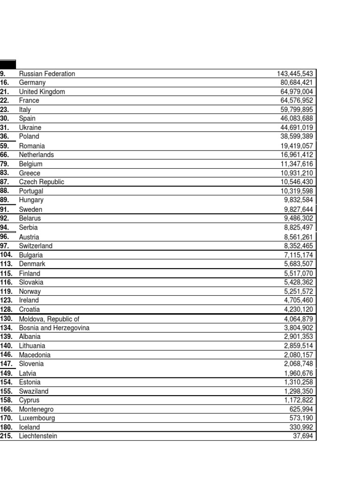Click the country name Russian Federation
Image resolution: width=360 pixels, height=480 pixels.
tap(47, 74)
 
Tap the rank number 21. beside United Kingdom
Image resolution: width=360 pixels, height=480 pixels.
tap(5, 91)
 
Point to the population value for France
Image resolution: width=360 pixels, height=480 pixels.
tap(297, 100)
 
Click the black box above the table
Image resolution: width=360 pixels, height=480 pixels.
tap(8, 64)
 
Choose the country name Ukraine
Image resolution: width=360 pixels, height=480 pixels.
tap(30, 127)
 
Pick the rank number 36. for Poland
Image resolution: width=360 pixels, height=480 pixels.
tap(5, 136)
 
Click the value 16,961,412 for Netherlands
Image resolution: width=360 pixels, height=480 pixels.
tap(297, 155)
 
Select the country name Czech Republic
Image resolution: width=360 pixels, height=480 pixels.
tap(42, 182)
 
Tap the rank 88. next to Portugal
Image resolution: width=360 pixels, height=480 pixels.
tap(5, 191)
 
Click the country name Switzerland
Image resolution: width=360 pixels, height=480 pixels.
tap(36, 246)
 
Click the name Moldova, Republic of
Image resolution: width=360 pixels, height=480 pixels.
tap(49, 319)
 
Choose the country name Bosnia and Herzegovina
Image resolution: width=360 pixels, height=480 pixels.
tap(54, 328)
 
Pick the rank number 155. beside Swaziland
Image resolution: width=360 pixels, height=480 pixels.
tap(7, 391)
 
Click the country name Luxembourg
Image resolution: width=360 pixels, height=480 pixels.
tap(37, 418)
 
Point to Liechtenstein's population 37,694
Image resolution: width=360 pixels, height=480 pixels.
tap(303, 436)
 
